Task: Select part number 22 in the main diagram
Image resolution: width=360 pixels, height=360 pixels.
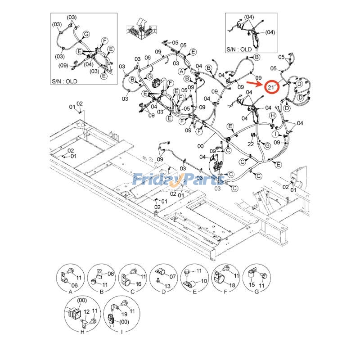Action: pyautogui.click(x=250, y=144)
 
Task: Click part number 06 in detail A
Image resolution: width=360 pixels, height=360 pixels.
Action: pyautogui.click(x=75, y=286)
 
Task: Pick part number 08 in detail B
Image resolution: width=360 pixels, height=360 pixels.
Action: pyautogui.click(x=111, y=274)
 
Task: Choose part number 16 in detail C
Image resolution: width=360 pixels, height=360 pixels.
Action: pyautogui.click(x=138, y=284)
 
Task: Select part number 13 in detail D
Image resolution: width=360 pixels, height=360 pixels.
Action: pyautogui.click(x=167, y=286)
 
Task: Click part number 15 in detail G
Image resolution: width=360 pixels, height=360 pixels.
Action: pyautogui.click(x=252, y=285)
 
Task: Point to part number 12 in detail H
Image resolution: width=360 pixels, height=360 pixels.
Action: pyautogui.click(x=86, y=318)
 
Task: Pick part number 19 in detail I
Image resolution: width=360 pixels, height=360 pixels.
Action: pyautogui.click(x=124, y=315)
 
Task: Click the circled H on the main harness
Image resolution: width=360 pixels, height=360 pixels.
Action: pyautogui.click(x=272, y=116)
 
